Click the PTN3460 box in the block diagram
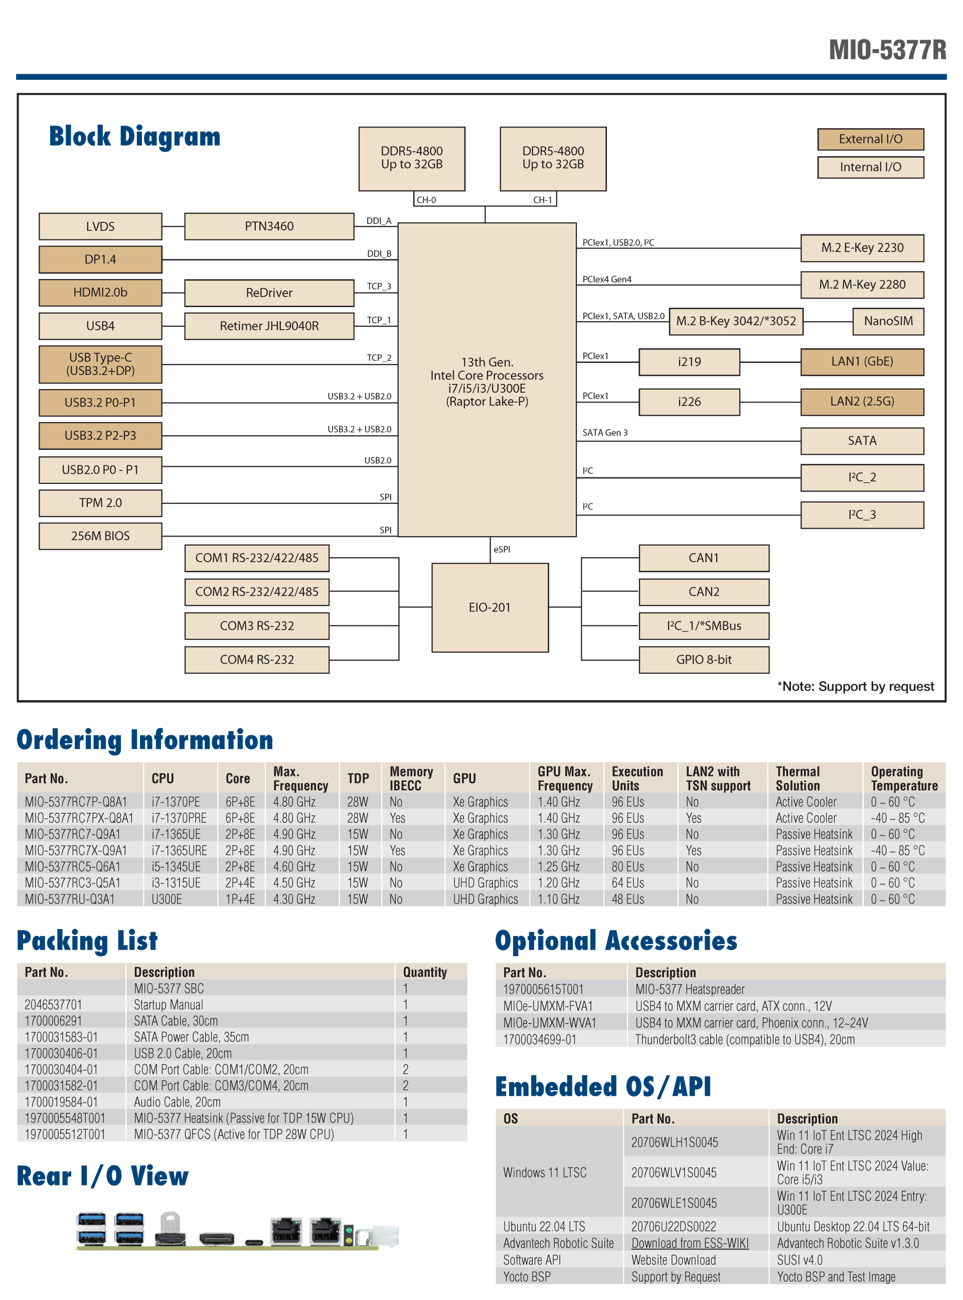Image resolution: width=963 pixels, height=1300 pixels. click(269, 226)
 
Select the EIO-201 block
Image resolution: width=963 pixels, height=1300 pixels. click(490, 607)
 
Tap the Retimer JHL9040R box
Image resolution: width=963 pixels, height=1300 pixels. click(269, 326)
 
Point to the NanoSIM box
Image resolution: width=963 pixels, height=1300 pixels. click(888, 321)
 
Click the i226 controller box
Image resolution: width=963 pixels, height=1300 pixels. click(689, 402)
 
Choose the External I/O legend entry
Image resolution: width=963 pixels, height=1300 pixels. click(870, 140)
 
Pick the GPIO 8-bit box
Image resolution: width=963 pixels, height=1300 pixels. click(704, 660)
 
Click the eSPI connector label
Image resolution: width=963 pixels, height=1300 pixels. click(502, 550)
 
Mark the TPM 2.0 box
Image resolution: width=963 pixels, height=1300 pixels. click(100, 503)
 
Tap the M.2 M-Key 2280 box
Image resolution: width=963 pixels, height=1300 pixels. click(862, 285)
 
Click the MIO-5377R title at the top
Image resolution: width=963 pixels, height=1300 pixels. click(887, 50)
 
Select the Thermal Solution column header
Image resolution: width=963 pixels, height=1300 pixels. click(797, 778)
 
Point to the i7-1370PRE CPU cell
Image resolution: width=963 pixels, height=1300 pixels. click(179, 818)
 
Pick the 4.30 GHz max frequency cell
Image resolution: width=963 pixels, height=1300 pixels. click(294, 899)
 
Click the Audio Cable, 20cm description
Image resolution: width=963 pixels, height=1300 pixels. click(177, 1102)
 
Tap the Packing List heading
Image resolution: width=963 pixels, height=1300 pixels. click(87, 941)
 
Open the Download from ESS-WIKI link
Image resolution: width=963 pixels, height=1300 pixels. click(690, 1243)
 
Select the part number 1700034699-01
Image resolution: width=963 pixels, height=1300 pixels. click(540, 1039)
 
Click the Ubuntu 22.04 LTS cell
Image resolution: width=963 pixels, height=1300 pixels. click(544, 1227)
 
